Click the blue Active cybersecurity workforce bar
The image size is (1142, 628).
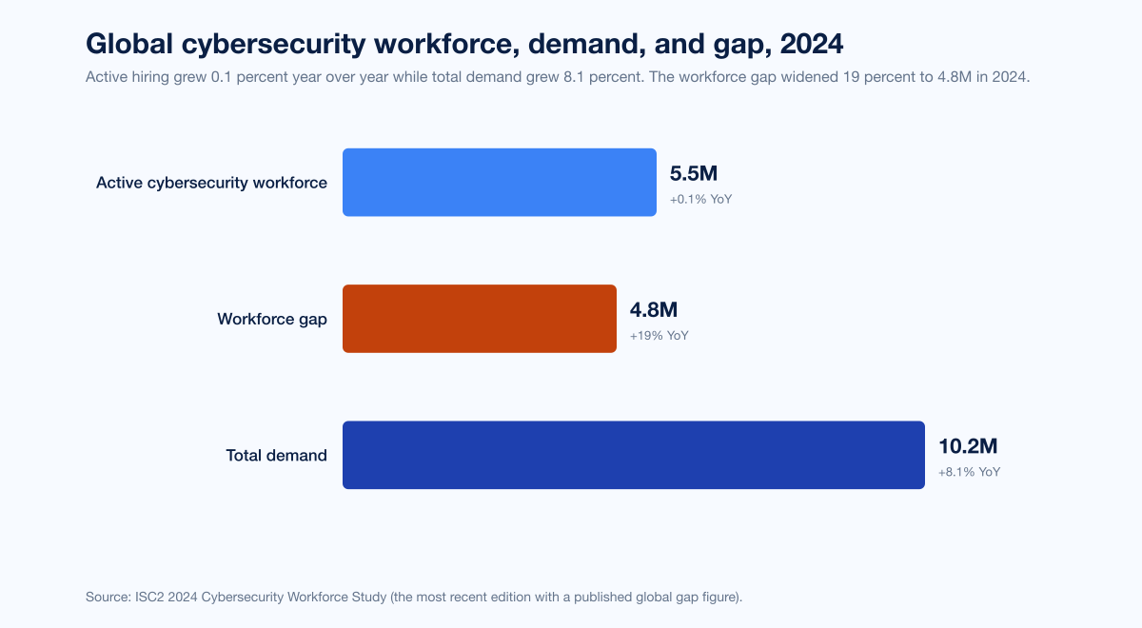pos(499,182)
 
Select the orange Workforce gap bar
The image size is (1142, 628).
pos(479,319)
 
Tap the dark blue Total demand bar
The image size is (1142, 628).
pos(633,455)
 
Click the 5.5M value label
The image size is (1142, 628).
pos(693,174)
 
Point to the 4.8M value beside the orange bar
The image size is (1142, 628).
pos(653,310)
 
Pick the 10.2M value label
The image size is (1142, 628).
pos(968,446)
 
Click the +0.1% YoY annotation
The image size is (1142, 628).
pos(700,200)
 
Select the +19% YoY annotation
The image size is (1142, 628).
pos(659,336)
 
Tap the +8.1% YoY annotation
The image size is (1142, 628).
pos(969,472)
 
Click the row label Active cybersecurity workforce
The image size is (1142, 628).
pos(211,183)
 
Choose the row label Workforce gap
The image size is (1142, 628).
pos(272,319)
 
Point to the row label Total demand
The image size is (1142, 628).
pos(276,455)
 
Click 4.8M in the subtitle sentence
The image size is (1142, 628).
pos(938,77)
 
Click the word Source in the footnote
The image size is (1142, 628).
pos(107,597)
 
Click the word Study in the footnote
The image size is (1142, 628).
pos(366,597)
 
